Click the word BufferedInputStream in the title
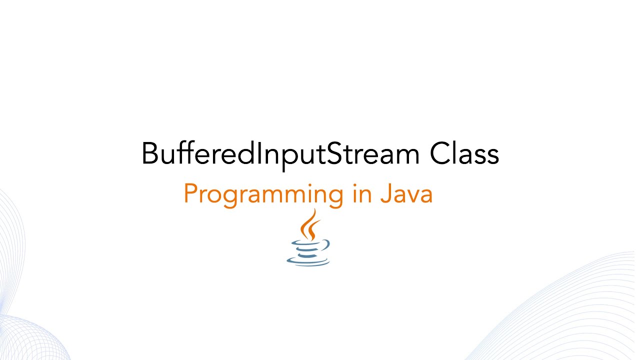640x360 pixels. pyautogui.click(x=280, y=154)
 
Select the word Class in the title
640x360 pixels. pyautogui.click(x=464, y=154)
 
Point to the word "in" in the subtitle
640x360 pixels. pyautogui.click(x=361, y=194)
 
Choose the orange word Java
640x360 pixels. pyautogui.click(x=406, y=194)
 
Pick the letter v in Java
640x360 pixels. pyautogui.click(x=412, y=196)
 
